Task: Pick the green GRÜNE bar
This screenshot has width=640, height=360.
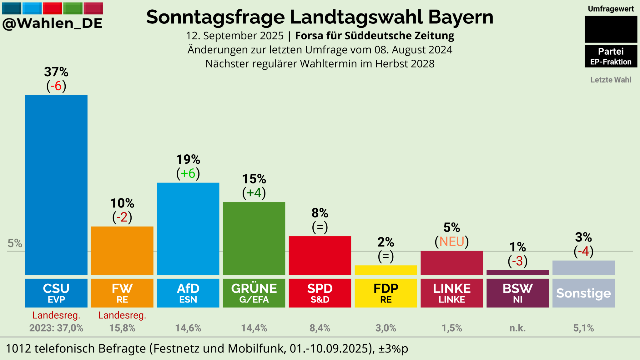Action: click(x=254, y=238)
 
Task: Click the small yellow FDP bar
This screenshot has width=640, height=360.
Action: click(x=386, y=270)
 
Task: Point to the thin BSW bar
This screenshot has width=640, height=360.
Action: click(x=517, y=273)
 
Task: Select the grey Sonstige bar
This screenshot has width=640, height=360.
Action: click(x=583, y=268)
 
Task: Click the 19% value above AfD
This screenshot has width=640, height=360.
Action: click(x=188, y=160)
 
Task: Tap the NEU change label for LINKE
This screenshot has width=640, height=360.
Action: click(x=452, y=242)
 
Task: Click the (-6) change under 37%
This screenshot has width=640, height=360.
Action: click(x=57, y=86)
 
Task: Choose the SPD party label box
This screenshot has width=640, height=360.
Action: click(x=320, y=293)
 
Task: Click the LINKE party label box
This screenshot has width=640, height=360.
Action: click(x=452, y=293)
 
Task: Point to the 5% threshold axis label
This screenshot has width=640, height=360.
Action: click(x=15, y=243)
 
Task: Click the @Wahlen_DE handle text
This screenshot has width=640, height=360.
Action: click(x=53, y=23)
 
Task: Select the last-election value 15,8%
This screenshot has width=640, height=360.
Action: click(x=122, y=328)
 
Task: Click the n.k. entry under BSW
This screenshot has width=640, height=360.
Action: click(x=517, y=328)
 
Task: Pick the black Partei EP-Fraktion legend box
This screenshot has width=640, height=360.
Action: click(x=611, y=56)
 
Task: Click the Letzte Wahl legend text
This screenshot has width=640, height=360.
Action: click(x=611, y=80)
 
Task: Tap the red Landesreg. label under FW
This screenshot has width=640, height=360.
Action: click(x=122, y=315)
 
